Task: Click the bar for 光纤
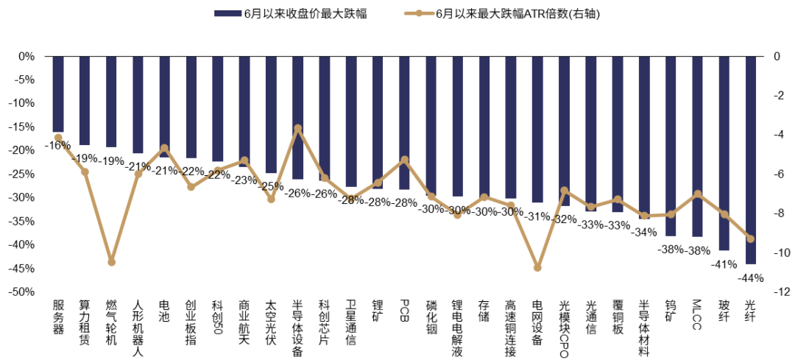tap(751, 160)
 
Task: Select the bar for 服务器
tap(58, 94)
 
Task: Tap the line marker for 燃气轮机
tap(112, 261)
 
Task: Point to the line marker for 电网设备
tap(538, 268)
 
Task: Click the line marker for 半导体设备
tap(298, 128)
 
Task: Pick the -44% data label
tap(750, 278)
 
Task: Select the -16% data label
tap(57, 146)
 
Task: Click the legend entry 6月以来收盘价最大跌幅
tap(291, 14)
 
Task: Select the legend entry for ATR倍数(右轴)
tap(503, 14)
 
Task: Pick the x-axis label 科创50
tap(218, 314)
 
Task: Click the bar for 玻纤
tap(724, 153)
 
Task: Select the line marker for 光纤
tap(751, 239)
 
